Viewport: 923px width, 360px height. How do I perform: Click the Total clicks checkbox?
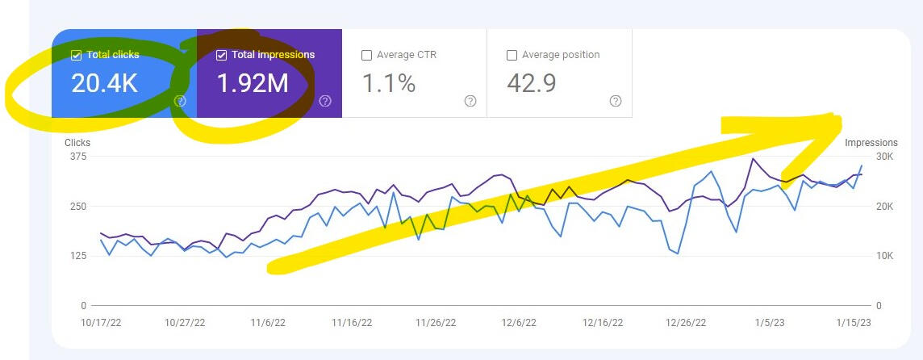click(76, 56)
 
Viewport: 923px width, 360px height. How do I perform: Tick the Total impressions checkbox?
click(221, 56)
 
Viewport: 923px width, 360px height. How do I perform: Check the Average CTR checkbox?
click(366, 56)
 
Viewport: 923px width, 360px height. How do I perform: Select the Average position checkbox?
click(512, 56)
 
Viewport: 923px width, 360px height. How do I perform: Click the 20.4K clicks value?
click(104, 83)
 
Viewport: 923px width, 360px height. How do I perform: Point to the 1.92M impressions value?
click(253, 83)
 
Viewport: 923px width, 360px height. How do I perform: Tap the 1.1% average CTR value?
click(388, 83)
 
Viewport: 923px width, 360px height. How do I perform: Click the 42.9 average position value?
click(532, 83)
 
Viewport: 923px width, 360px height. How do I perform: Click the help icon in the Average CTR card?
click(470, 101)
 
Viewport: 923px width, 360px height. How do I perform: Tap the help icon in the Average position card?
click(616, 101)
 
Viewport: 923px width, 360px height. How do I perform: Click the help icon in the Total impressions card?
click(325, 101)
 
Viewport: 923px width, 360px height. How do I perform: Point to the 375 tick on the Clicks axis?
click(77, 157)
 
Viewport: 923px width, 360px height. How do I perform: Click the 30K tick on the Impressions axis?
click(862, 157)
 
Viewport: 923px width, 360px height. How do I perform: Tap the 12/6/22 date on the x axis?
click(519, 322)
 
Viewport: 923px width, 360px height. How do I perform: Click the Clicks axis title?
click(77, 143)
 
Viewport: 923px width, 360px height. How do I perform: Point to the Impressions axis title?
click(871, 143)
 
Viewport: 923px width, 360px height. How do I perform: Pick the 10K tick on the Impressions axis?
click(862, 256)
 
